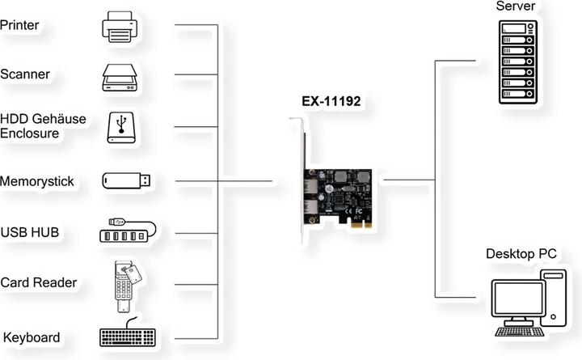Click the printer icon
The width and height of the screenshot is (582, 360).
coord(124,27)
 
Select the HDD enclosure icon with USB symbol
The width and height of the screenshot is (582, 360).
coord(124,128)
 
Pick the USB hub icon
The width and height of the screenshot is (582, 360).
coord(124,231)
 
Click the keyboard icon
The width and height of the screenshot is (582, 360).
coord(126,338)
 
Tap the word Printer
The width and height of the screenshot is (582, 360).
coord(19,25)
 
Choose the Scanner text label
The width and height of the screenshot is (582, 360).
coord(25,74)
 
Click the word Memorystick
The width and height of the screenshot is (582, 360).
coord(37,181)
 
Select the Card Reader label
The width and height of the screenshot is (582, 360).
coord(38,283)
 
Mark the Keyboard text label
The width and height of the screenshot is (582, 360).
coord(32,337)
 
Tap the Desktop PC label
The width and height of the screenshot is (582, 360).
coord(521,255)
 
